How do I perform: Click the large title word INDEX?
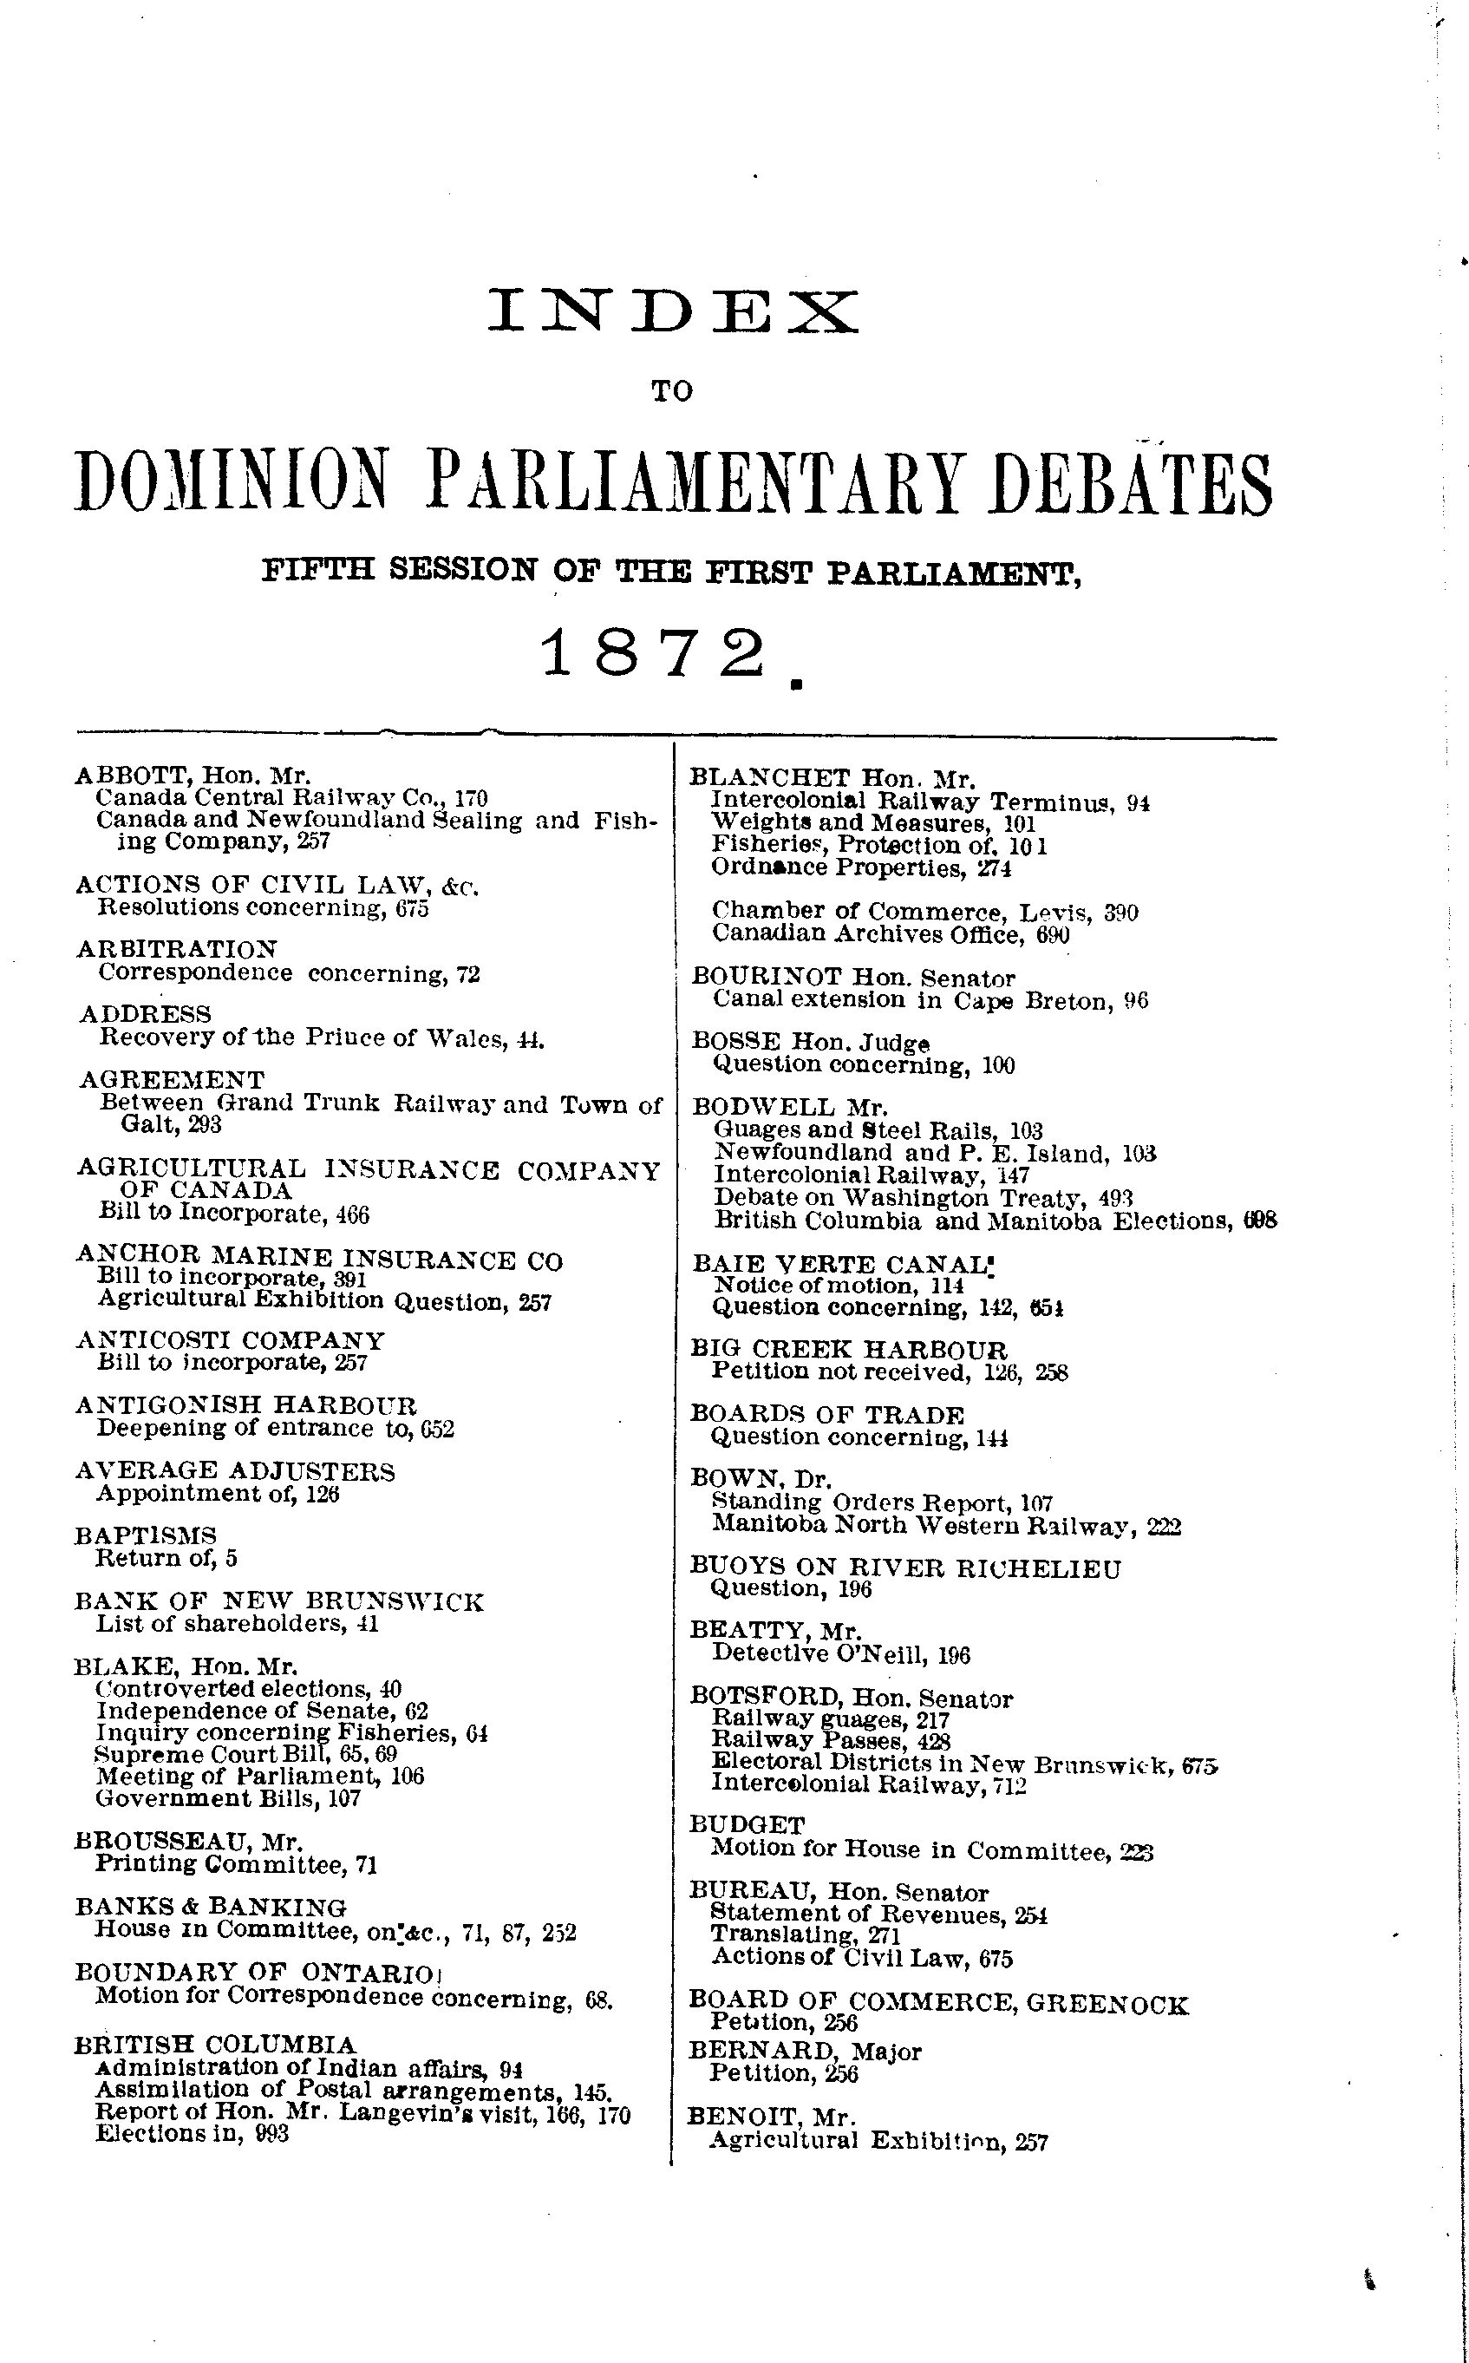(x=672, y=311)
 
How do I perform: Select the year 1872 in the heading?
(x=653, y=653)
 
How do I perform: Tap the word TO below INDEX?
(x=672, y=391)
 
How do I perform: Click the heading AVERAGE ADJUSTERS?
(x=235, y=1472)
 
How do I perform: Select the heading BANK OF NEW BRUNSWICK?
(x=279, y=1601)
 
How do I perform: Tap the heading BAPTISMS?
(x=146, y=1536)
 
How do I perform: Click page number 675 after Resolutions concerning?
(x=412, y=908)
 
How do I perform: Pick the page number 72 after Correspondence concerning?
(x=467, y=973)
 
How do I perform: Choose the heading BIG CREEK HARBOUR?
(x=848, y=1350)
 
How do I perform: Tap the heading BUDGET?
(x=748, y=1826)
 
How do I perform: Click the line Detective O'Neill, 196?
(x=841, y=1653)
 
